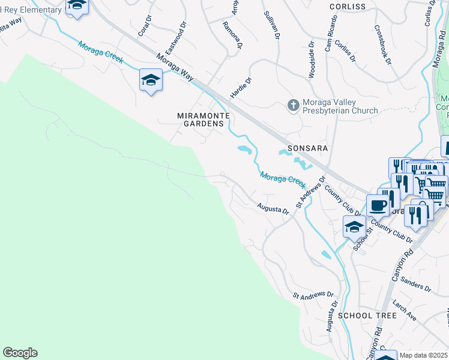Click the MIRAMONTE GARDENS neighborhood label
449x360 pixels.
200,119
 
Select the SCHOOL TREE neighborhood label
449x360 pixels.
367,315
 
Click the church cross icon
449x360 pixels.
293,106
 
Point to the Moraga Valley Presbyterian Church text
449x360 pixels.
340,106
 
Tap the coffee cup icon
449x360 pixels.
378,205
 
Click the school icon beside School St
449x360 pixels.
354,227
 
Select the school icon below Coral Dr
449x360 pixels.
151,79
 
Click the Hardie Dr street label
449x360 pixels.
241,88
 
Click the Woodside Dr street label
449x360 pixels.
312,59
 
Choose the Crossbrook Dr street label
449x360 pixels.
382,44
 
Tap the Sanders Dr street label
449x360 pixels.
415,284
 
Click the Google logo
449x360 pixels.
20,353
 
